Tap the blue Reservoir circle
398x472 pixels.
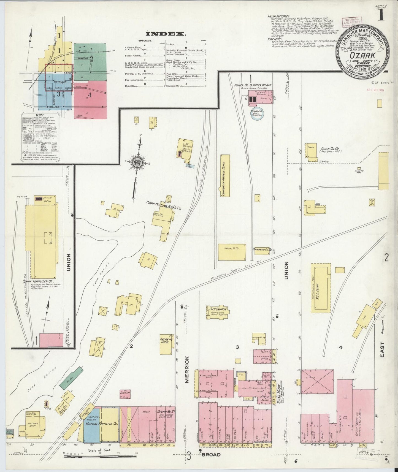tap(256, 113)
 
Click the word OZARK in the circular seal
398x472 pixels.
tap(362, 56)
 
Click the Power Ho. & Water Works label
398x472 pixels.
tap(253, 85)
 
